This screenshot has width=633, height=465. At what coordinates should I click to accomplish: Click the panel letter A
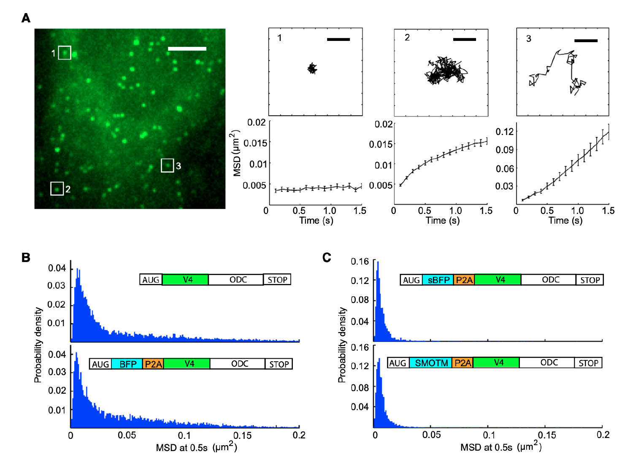pyautogui.click(x=26, y=18)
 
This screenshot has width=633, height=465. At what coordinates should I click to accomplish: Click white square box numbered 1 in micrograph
pyautogui.click(x=65, y=53)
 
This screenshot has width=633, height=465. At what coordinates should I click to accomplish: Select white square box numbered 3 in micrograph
pyautogui.click(x=168, y=165)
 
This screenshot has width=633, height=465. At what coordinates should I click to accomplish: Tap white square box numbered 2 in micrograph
pyautogui.click(x=57, y=189)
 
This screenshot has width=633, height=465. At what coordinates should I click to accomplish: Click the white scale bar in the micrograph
pyautogui.click(x=187, y=49)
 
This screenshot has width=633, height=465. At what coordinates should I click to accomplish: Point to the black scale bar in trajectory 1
pyautogui.click(x=338, y=39)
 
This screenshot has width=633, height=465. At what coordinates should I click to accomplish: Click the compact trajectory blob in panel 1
pyautogui.click(x=312, y=68)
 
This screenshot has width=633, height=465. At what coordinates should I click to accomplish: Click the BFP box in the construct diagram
pyautogui.click(x=127, y=364)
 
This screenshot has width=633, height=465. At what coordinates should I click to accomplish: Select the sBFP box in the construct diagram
pyautogui.click(x=438, y=280)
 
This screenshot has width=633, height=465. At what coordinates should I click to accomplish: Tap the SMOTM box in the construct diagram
pyautogui.click(x=431, y=363)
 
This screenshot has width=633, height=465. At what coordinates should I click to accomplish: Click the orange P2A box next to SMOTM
pyautogui.click(x=463, y=363)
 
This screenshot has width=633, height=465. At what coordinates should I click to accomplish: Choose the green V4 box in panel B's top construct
pyautogui.click(x=185, y=279)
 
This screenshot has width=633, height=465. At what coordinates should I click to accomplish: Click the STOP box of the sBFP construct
pyautogui.click(x=590, y=280)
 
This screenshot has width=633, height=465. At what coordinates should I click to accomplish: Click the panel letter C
pyautogui.click(x=327, y=257)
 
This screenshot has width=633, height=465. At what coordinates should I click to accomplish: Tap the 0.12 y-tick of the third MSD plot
pyautogui.click(x=504, y=132)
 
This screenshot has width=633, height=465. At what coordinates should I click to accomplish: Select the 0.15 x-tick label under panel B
pyautogui.click(x=242, y=435)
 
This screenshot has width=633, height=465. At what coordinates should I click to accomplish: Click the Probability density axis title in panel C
pyautogui.click(x=342, y=345)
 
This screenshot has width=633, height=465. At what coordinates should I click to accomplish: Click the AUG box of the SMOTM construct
pyautogui.click(x=398, y=363)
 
